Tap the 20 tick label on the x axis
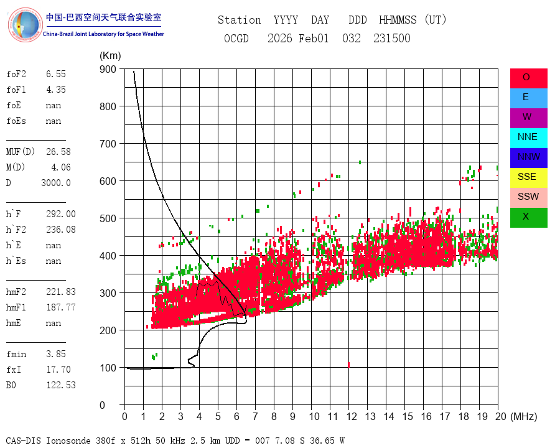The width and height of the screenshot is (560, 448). [x=498, y=416]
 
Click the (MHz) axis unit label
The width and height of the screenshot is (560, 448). [x=523, y=416]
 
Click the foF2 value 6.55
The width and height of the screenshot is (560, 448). [x=55, y=74]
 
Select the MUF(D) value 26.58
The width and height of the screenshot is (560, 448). [x=58, y=152]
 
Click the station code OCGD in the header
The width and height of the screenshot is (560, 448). [x=236, y=39]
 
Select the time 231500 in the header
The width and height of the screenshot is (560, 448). [x=391, y=39]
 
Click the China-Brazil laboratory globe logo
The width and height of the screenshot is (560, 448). [x=25, y=25]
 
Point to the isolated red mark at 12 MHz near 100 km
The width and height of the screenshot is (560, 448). [x=348, y=365]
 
